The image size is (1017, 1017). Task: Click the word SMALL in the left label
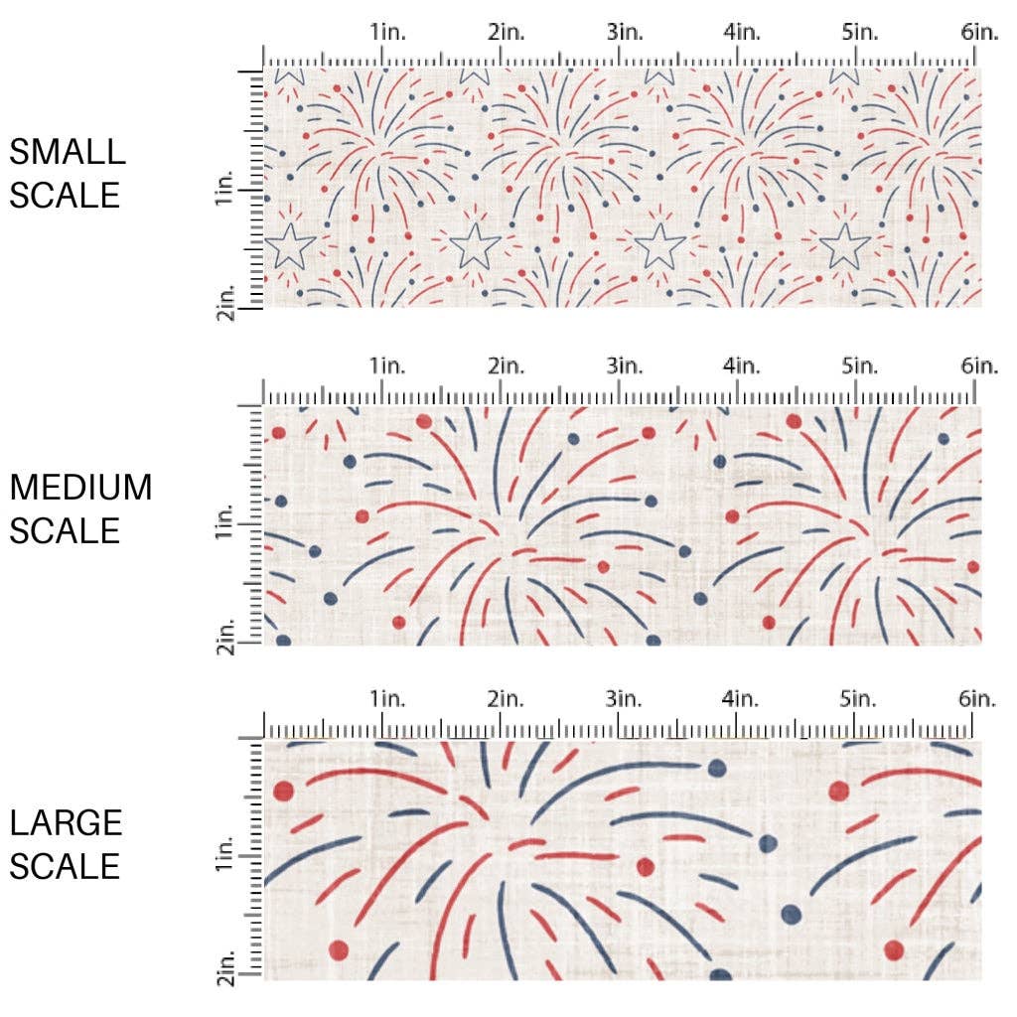tap(68, 152)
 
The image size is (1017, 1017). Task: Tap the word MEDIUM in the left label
tap(80, 488)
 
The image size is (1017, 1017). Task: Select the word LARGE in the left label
tap(66, 823)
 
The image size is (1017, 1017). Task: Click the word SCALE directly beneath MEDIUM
tap(65, 530)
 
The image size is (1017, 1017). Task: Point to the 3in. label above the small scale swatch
tap(624, 32)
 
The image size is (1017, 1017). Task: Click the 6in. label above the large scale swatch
tap(978, 699)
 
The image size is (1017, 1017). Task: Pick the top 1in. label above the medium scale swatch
tap(387, 365)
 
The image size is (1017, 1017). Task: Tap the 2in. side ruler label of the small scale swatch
tap(225, 299)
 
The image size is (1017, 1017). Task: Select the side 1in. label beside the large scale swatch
tap(225, 855)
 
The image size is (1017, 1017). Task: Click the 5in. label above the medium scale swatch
tap(859, 365)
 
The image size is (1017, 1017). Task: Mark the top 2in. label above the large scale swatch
tap(506, 699)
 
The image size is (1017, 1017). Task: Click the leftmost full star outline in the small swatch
tap(290, 246)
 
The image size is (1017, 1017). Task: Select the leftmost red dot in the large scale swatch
tap(283, 791)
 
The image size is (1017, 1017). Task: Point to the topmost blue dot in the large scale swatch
tap(717, 768)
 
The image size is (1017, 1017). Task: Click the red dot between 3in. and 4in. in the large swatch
tap(646, 866)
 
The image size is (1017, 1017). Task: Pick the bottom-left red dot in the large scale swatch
tap(339, 948)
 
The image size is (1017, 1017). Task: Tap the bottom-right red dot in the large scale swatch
tap(894, 948)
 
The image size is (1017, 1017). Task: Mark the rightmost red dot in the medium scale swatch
tap(974, 567)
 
